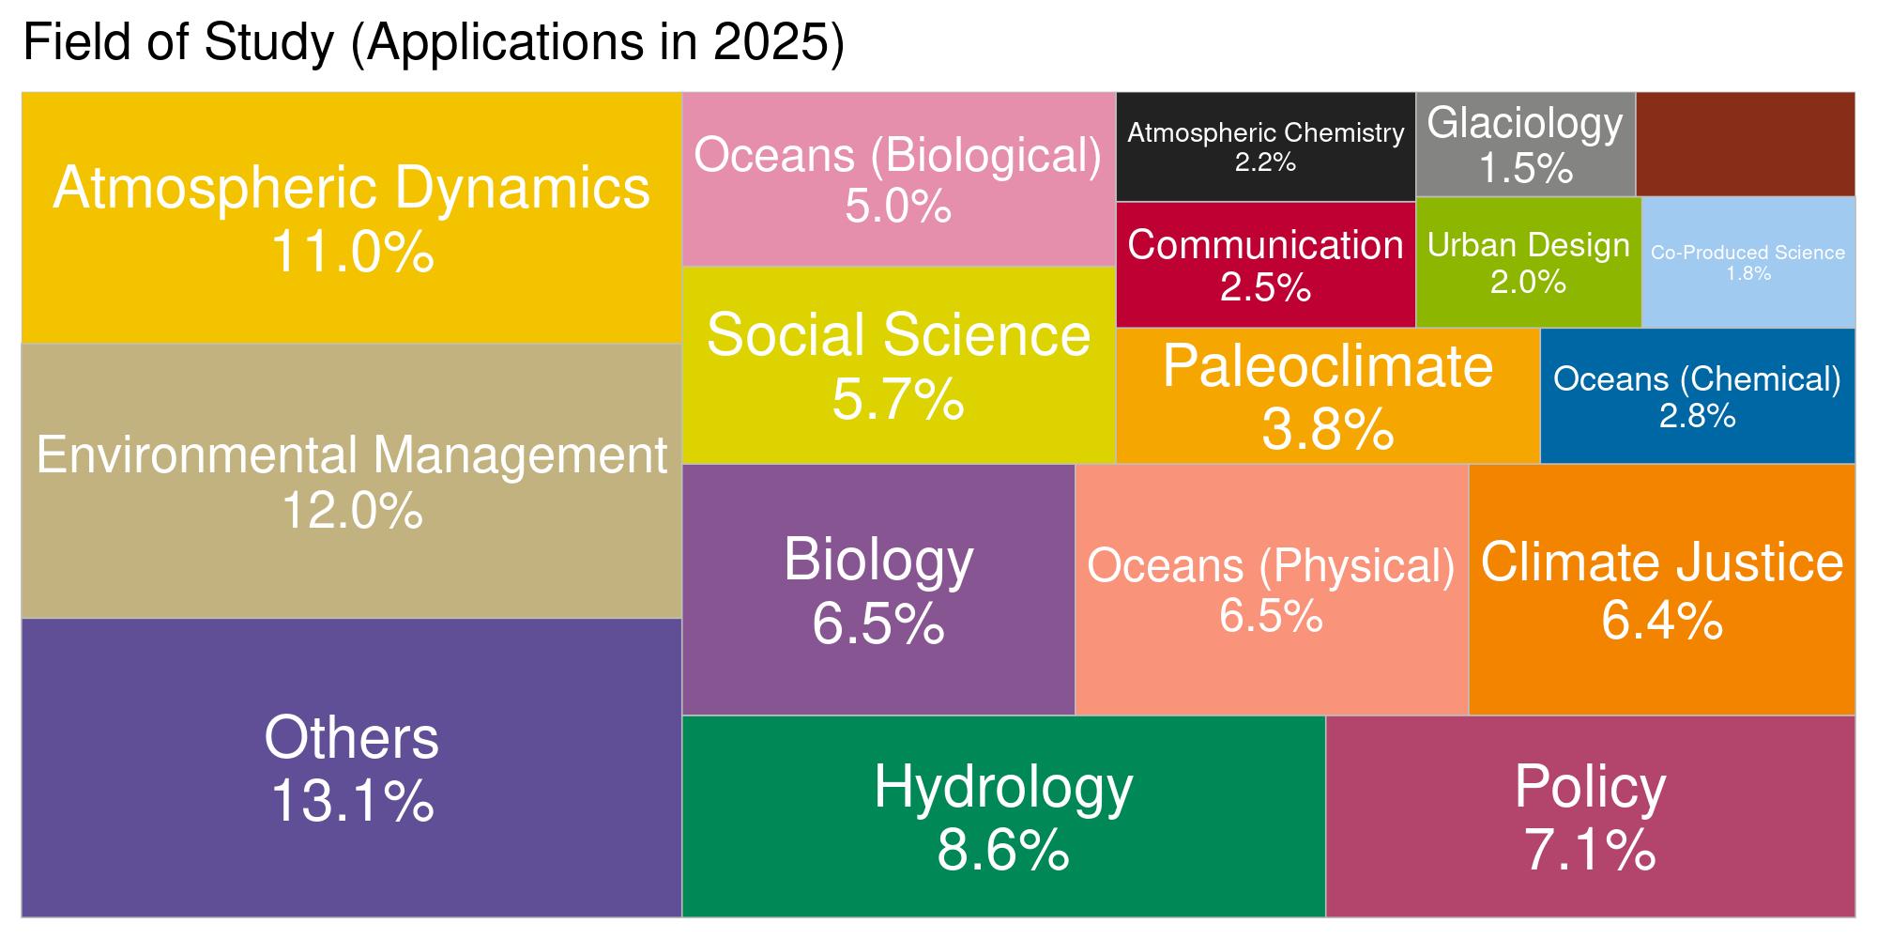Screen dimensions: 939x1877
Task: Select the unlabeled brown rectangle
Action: [1745, 144]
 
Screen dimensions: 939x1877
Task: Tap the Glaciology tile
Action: [1525, 145]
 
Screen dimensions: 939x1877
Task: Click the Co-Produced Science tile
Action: [1747, 262]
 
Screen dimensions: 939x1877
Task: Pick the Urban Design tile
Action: [1528, 262]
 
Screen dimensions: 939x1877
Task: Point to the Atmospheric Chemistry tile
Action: [1265, 146]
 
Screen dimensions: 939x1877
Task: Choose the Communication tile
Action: [1265, 264]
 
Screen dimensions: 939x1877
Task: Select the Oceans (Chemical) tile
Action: [1697, 395]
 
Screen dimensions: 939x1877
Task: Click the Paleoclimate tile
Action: [1327, 395]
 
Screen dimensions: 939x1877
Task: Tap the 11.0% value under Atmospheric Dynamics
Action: [352, 252]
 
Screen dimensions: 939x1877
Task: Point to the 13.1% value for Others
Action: [352, 802]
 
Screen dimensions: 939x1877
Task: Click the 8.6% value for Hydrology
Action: [1002, 850]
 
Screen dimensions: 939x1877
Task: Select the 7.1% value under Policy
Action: [1590, 850]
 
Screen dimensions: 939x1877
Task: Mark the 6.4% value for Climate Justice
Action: [1661, 621]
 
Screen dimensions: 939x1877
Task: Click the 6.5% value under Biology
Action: [877, 624]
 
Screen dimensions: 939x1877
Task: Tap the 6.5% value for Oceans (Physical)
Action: [1271, 617]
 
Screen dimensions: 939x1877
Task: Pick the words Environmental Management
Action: [352, 455]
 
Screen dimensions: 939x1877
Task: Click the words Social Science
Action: [898, 335]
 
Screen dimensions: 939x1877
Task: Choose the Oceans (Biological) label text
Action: [898, 155]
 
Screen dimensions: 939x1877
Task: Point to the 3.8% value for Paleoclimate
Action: [1327, 431]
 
